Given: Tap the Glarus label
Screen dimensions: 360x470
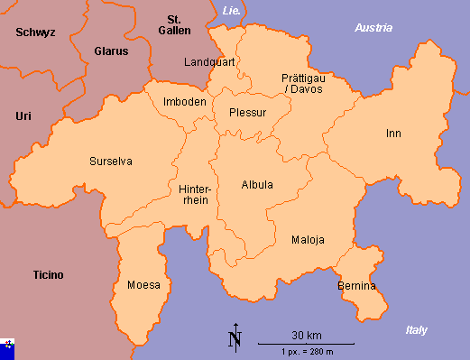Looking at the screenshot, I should coord(111,51).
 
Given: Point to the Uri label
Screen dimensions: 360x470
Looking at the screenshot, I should coord(23,116).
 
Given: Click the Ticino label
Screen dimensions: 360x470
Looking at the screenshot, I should coord(48,275).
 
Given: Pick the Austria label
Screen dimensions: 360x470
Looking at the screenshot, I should coord(373,28).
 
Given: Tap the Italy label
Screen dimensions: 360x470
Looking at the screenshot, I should coord(416,330).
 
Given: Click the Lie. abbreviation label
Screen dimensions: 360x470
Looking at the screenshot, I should coord(231,10).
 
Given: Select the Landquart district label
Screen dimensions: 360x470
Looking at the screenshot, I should coord(208,62).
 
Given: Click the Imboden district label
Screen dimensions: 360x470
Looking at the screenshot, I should coord(184,102).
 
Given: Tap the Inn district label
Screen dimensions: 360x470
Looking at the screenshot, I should coord(393,134).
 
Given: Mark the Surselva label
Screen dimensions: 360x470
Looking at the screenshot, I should coord(111,162).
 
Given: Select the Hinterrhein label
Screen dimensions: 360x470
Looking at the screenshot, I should coord(195,195).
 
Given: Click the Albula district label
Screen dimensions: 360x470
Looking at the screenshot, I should coord(257,185).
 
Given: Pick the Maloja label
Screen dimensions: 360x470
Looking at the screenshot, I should coord(308,240).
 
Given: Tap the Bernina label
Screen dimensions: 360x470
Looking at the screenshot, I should coord(356,286).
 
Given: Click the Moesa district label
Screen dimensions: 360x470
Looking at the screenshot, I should coord(143,285).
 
